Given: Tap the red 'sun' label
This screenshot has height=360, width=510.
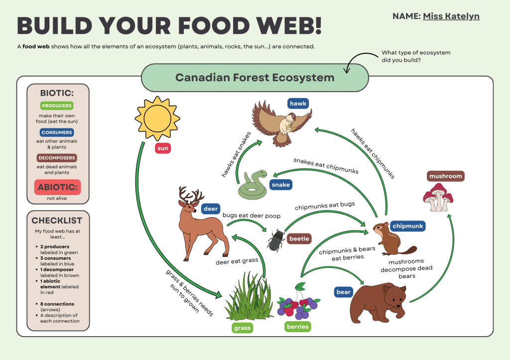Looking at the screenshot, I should tap(162, 148).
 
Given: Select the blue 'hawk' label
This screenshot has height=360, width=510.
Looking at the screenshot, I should tap(298, 103).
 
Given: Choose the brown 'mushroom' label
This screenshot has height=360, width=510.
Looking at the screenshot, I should tap(446, 176).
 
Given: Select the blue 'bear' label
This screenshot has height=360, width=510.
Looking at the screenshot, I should tap(344, 292).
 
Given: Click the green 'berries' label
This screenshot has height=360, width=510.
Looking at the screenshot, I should tap(298, 327).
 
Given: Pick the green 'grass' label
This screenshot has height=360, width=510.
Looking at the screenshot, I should tap(243, 328).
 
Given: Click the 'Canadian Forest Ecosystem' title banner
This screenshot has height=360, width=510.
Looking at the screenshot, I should tap(255, 78).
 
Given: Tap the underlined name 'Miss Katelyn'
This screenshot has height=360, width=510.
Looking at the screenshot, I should tap(451, 16).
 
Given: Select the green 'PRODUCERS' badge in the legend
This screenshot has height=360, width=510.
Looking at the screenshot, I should tap(57, 106).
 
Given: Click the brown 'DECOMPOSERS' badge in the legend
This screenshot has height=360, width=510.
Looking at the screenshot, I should tap(57, 158).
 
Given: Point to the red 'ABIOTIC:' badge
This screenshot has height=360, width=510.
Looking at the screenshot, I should tap(57, 188).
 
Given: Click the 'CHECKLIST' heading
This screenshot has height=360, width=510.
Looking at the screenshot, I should tap(57, 220).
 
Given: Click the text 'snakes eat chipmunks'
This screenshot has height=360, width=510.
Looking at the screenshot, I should tap(326, 165).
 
